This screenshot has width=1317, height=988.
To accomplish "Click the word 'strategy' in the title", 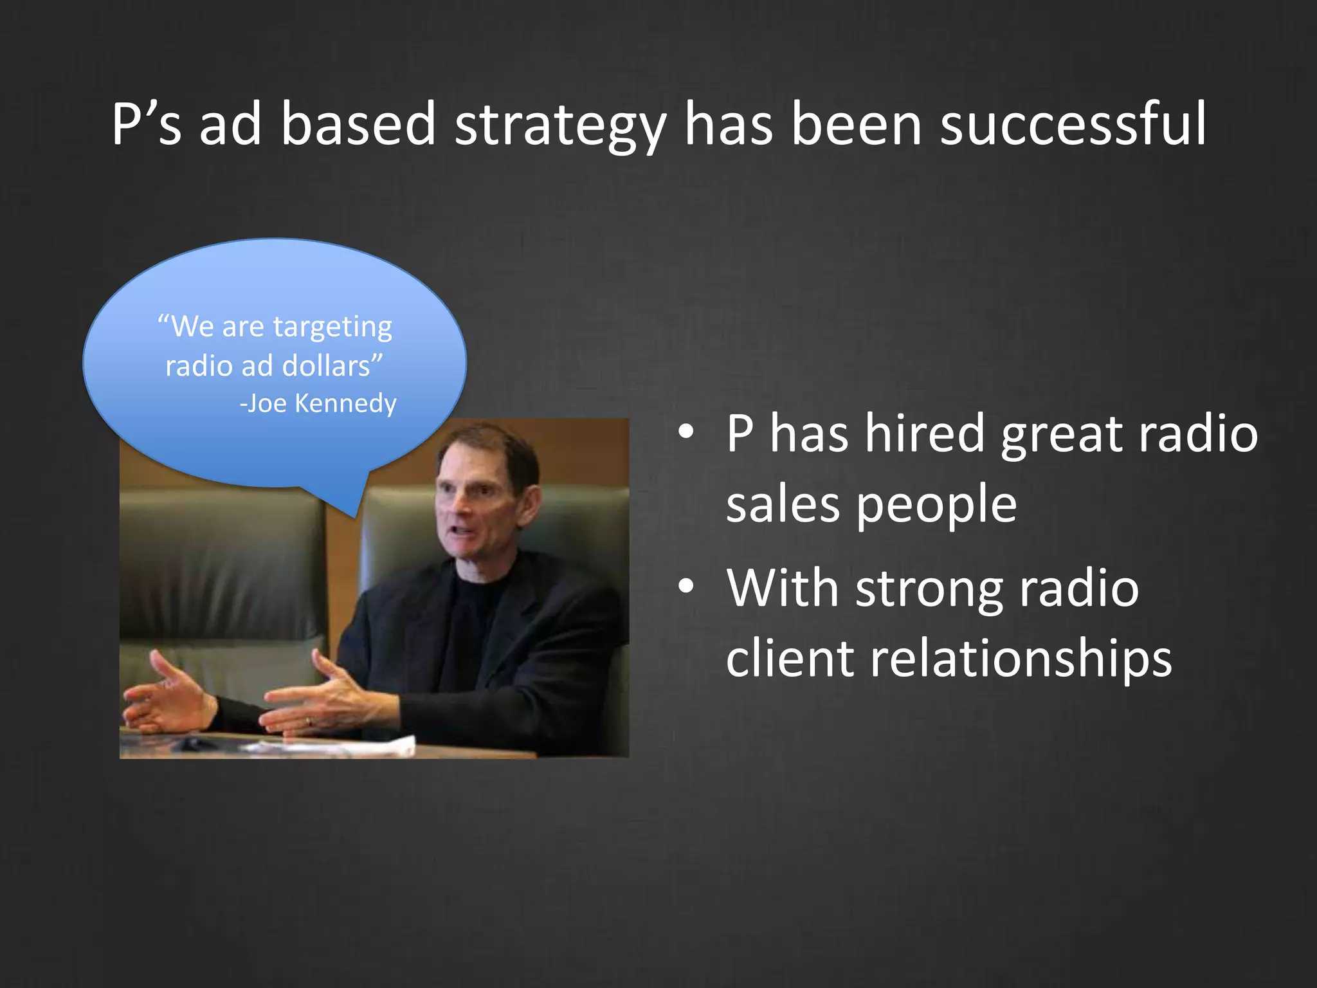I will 559,125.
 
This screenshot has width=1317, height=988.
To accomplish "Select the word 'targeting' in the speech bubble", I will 332,327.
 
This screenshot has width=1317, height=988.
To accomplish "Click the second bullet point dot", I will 686,587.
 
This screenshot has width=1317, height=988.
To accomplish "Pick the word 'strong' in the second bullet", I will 929,589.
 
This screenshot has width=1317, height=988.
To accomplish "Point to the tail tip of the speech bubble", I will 356,516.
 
